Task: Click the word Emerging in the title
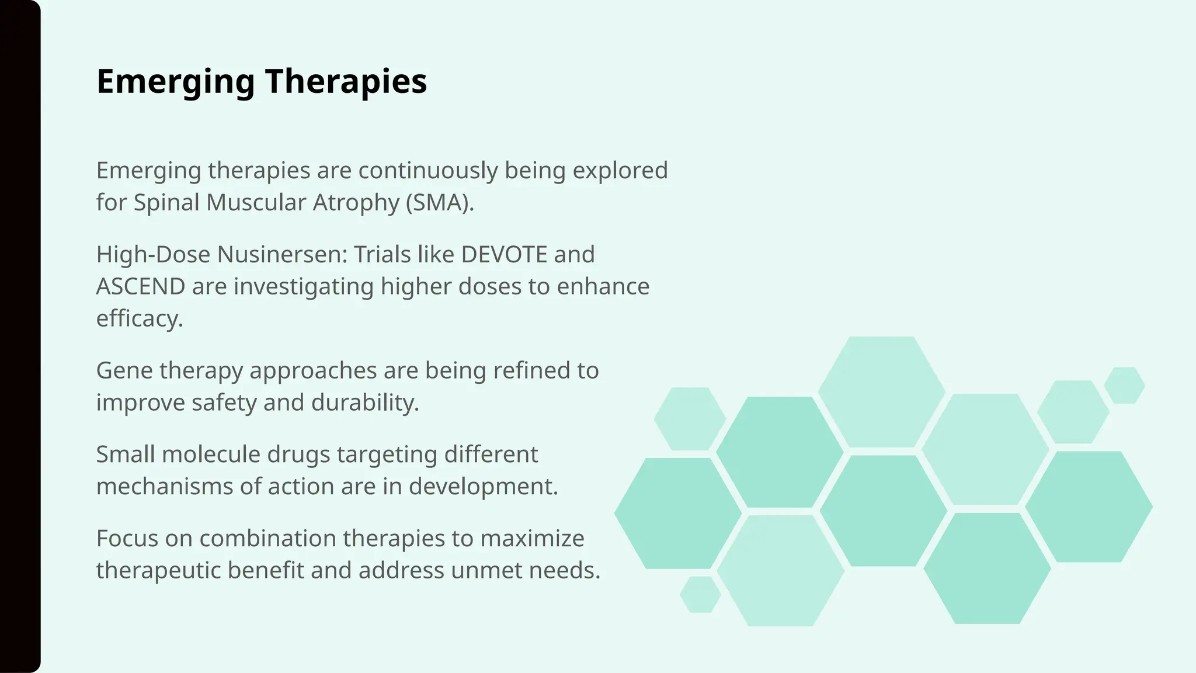(175, 82)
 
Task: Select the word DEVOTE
(504, 255)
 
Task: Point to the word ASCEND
(141, 287)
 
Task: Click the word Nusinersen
(282, 255)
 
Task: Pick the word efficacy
(139, 319)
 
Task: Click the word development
(483, 487)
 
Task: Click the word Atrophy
(356, 203)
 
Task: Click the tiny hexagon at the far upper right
(1124, 386)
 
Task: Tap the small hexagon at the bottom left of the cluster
(700, 595)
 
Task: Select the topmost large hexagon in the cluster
(881, 392)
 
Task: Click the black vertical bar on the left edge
(20, 336)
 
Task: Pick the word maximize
(532, 539)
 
